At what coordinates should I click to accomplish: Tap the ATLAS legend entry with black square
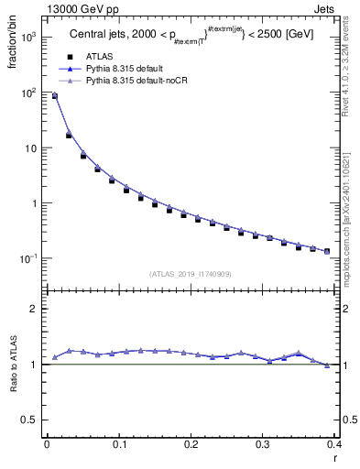[x=97, y=56]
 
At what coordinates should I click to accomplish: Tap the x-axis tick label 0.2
[x=191, y=443]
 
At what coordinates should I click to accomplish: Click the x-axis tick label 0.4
[x=333, y=443]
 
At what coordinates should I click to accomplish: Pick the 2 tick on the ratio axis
[x=33, y=310]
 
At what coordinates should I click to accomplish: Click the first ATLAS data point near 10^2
[x=54, y=96]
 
